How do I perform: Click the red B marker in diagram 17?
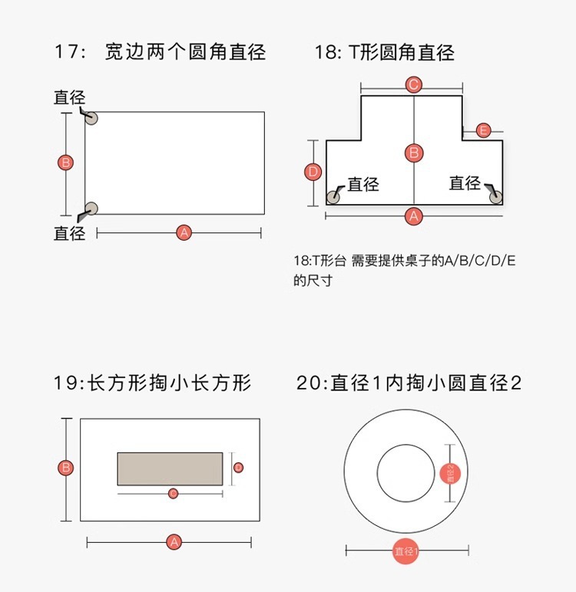(66, 163)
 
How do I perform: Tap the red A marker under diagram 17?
(183, 232)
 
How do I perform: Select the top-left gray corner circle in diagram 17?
(91, 118)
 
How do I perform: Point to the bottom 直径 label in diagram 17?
(69, 233)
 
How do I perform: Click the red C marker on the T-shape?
(413, 84)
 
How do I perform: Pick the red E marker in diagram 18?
(483, 130)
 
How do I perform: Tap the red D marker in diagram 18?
(313, 173)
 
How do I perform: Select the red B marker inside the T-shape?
(414, 153)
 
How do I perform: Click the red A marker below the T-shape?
(414, 216)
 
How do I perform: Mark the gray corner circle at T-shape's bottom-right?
(496, 197)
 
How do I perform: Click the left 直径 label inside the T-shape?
(363, 184)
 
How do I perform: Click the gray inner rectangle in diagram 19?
(170, 469)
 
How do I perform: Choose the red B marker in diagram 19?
(66, 468)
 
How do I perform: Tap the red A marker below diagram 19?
(174, 542)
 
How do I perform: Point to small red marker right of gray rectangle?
(239, 467)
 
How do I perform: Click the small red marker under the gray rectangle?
(173, 492)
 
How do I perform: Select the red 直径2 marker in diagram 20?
(452, 473)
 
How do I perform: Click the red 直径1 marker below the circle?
(406, 551)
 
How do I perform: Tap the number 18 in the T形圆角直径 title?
(326, 53)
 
